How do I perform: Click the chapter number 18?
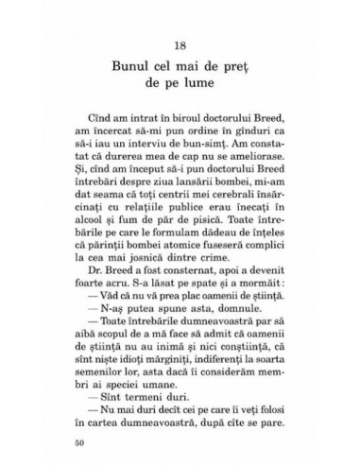point(180,47)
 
